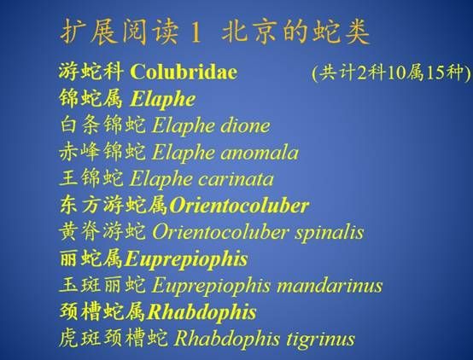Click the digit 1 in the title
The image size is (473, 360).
pyautogui.click(x=196, y=32)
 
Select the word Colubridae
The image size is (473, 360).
pyautogui.click(x=184, y=72)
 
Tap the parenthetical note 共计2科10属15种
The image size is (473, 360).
pyautogui.click(x=391, y=73)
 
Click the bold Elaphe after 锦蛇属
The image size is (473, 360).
pyautogui.click(x=163, y=99)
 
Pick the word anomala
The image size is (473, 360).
pyautogui.click(x=260, y=153)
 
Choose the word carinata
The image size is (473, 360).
pyautogui.click(x=236, y=179)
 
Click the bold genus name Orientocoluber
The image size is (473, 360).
pyautogui.click(x=239, y=206)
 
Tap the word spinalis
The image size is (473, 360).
pyautogui.click(x=329, y=233)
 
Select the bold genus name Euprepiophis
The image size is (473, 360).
pyautogui.click(x=186, y=259)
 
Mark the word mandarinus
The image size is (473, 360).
pyautogui.click(x=330, y=286)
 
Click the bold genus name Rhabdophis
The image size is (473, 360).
pyautogui.click(x=201, y=312)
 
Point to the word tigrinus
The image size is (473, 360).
pyautogui.click(x=320, y=339)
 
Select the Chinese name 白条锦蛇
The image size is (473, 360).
pyautogui.click(x=102, y=125)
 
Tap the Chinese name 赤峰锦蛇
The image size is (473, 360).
pyautogui.click(x=102, y=152)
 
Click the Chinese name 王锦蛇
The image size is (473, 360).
pyautogui.click(x=91, y=178)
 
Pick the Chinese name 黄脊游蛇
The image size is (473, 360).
pyautogui.click(x=102, y=232)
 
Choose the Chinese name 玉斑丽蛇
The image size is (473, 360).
pyautogui.click(x=102, y=285)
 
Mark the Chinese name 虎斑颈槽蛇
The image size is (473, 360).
pyautogui.click(x=114, y=339)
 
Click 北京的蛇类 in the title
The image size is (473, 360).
pyautogui.click(x=295, y=32)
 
